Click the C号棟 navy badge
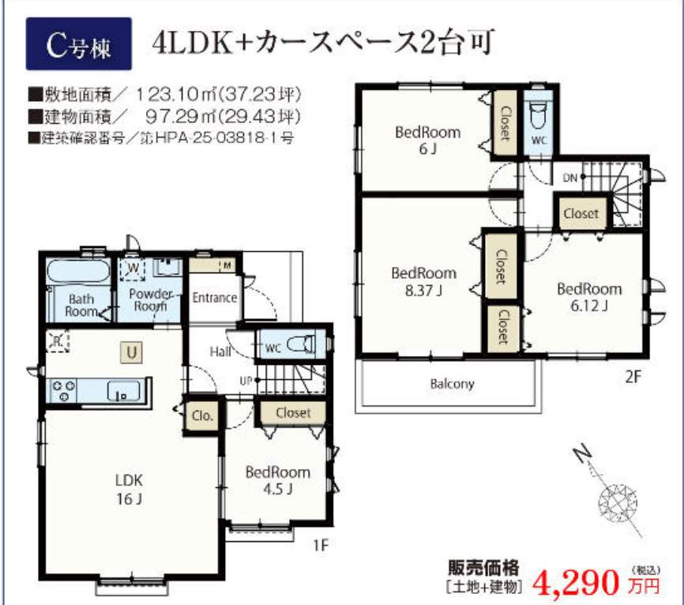(78, 43)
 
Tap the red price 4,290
(576, 582)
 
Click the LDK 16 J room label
(129, 490)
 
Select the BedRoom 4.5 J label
(278, 480)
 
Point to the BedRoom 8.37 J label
(423, 282)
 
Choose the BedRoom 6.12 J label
(589, 297)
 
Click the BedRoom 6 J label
(427, 140)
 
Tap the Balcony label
(452, 384)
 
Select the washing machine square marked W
(133, 269)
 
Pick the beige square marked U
(132, 352)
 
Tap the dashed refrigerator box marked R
(58, 340)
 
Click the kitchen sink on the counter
(124, 391)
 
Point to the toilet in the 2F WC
(539, 116)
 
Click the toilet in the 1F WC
(302, 344)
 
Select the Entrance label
(215, 298)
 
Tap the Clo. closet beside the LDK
(202, 415)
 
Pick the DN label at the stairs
(569, 178)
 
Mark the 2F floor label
(633, 377)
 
